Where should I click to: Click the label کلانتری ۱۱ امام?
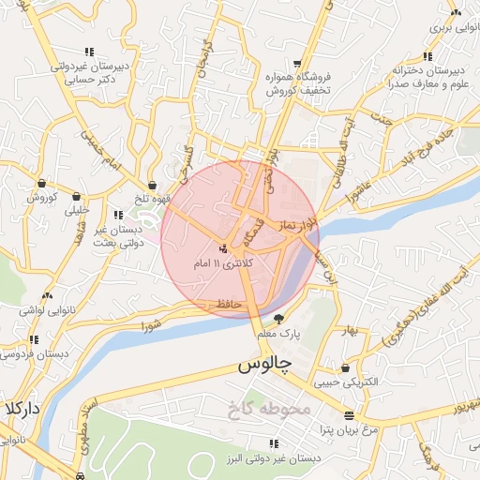tap(224, 263)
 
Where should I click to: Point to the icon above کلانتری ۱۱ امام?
tap(223, 248)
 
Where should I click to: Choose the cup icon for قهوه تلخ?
tap(153, 186)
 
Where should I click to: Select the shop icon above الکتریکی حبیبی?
tap(346, 368)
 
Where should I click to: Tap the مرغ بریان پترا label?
tap(344, 429)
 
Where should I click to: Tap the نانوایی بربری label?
tap(453, 27)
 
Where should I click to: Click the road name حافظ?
tap(230, 305)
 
